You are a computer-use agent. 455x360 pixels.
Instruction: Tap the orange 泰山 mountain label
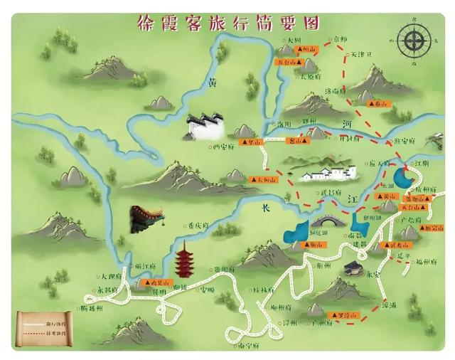[x=381, y=104]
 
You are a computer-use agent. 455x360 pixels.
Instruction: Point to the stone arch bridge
[x=324, y=220]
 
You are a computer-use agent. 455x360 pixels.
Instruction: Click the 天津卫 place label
[x=356, y=55]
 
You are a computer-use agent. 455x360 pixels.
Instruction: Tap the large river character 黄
[x=212, y=83]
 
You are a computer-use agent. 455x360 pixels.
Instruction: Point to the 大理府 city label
[x=112, y=275]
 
